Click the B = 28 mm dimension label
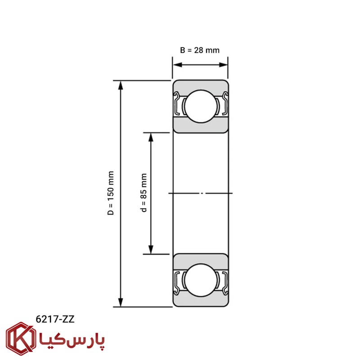pos(200,50)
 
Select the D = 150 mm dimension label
pos(111,193)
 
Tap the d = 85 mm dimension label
pos(144,193)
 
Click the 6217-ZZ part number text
pos(55,319)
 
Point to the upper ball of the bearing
pos(201,106)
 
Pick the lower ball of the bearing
pos(201,280)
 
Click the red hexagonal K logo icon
pos(21,339)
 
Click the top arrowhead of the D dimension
pos(121,85)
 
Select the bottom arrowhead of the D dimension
pos(121,302)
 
